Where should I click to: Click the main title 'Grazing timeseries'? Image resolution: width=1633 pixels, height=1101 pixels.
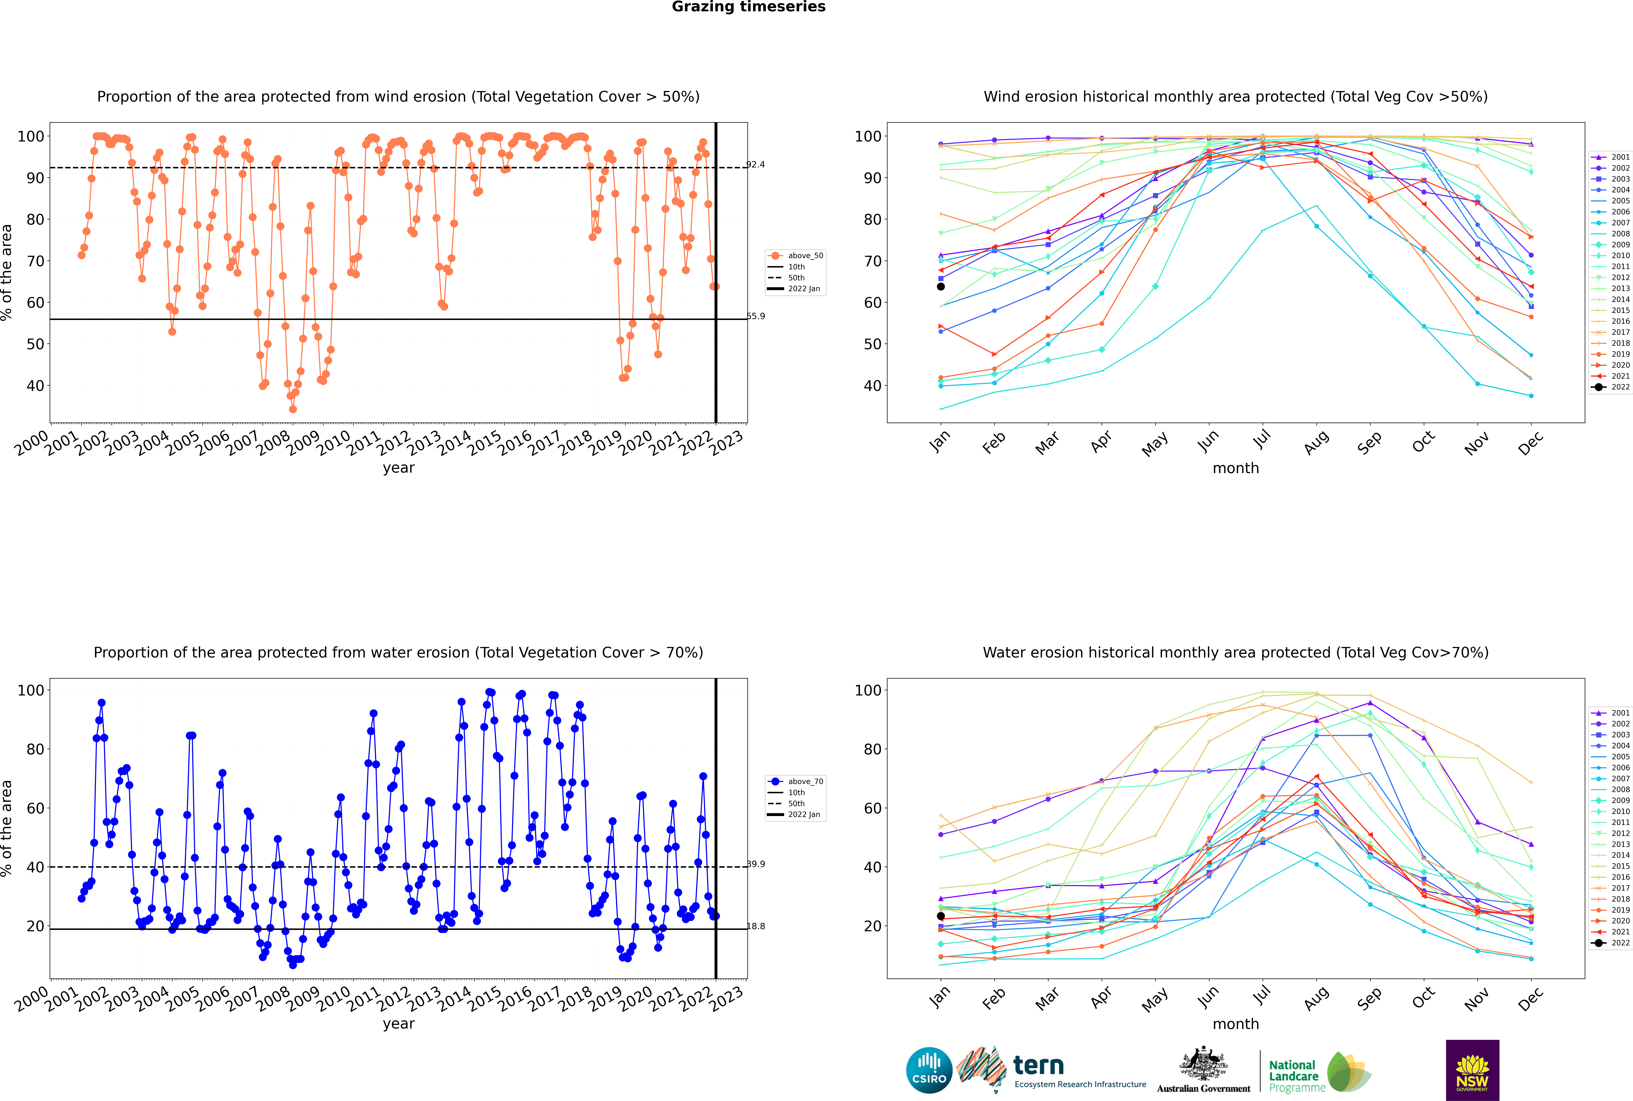pyautogui.click(x=748, y=7)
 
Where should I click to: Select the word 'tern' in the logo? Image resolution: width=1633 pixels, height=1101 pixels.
pyautogui.click(x=1038, y=1066)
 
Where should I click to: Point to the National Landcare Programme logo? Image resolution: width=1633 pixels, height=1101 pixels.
pyautogui.click(x=1320, y=1072)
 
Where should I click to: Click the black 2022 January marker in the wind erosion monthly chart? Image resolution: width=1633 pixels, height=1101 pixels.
pyautogui.click(x=941, y=286)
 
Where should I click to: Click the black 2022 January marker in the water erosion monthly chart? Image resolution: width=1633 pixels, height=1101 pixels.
pyautogui.click(x=941, y=916)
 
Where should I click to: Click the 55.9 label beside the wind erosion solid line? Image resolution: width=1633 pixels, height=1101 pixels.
pyautogui.click(x=755, y=316)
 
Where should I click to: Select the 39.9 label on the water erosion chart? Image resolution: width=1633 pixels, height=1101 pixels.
pyautogui.click(x=755, y=864)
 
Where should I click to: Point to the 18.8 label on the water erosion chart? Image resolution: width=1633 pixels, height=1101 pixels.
pyautogui.click(x=755, y=926)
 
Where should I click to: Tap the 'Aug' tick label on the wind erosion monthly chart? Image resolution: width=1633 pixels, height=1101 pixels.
pyautogui.click(x=1316, y=442)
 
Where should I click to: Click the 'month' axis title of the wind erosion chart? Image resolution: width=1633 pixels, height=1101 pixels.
pyautogui.click(x=1236, y=468)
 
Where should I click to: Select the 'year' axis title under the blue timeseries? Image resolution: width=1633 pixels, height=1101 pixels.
pyautogui.click(x=399, y=1024)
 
